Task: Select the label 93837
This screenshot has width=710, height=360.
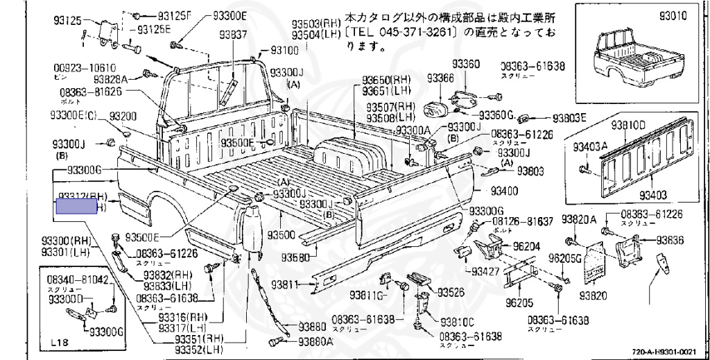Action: pos(226,35)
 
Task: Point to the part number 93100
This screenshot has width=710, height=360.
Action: pos(284,50)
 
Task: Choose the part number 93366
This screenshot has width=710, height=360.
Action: pos(440,78)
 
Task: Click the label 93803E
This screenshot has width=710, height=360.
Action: pos(569,117)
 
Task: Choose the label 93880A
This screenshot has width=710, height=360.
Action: pos(315,341)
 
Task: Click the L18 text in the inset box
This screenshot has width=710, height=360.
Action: pos(60,344)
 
